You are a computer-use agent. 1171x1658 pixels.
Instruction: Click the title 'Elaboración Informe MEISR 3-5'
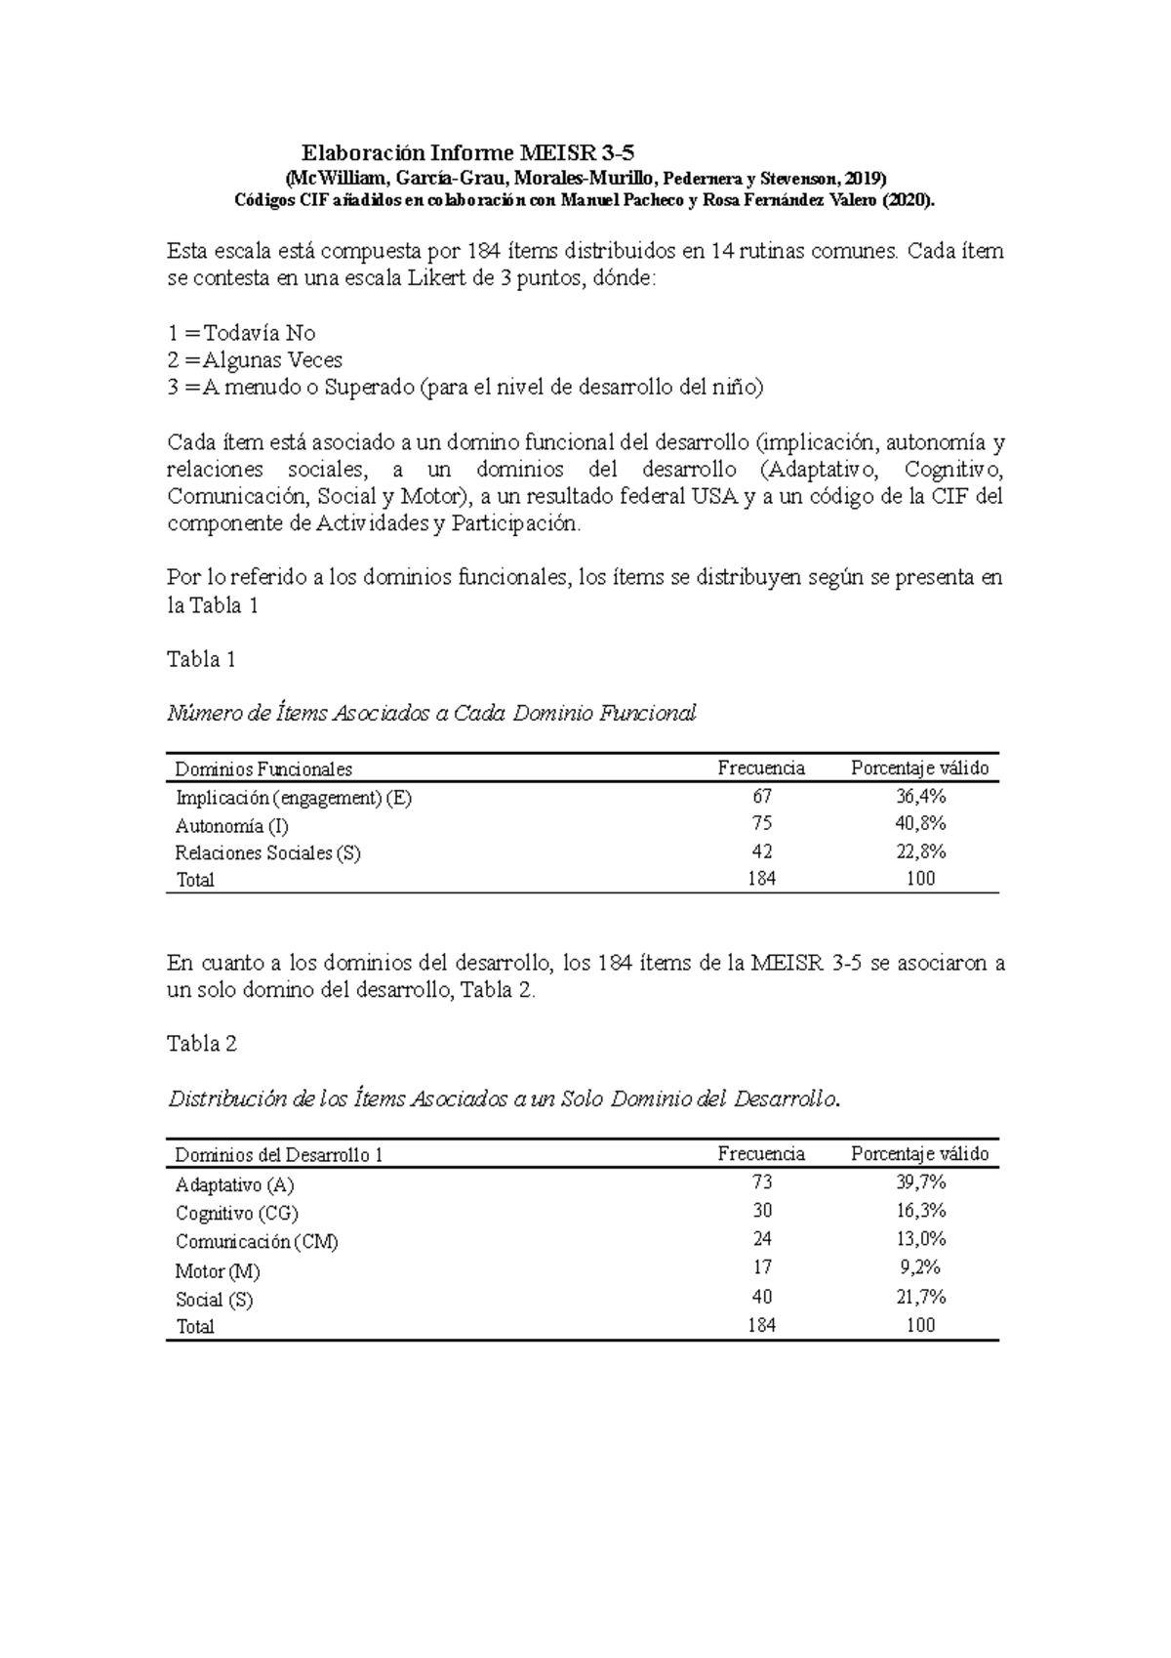pyautogui.click(x=467, y=152)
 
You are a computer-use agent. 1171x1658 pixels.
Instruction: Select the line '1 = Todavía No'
pyautogui.click(x=242, y=333)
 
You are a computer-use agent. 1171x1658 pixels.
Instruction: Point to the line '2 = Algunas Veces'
pyautogui.click(x=255, y=360)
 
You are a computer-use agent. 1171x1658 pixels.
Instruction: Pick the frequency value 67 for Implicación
pyautogui.click(x=761, y=797)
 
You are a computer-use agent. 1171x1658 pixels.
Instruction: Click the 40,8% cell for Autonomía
pyautogui.click(x=920, y=824)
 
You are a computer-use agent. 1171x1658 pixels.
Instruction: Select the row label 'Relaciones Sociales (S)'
pyautogui.click(x=267, y=852)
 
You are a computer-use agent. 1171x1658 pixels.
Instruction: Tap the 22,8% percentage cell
pyautogui.click(x=920, y=851)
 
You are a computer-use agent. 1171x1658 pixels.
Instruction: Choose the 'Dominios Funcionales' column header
pyautogui.click(x=263, y=769)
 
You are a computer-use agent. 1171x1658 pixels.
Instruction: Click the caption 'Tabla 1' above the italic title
pyautogui.click(x=202, y=660)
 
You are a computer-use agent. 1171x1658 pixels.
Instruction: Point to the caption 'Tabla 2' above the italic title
pyautogui.click(x=202, y=1044)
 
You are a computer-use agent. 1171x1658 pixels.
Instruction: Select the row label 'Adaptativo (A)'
pyautogui.click(x=234, y=1185)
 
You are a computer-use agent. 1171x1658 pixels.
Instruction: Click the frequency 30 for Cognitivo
pyautogui.click(x=761, y=1211)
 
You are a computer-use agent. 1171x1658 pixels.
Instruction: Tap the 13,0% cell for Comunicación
pyautogui.click(x=920, y=1239)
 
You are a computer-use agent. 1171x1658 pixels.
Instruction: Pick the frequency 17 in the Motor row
pyautogui.click(x=761, y=1267)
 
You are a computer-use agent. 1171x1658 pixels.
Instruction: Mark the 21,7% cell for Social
pyautogui.click(x=920, y=1297)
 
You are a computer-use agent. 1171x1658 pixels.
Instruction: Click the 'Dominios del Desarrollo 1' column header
pyautogui.click(x=278, y=1155)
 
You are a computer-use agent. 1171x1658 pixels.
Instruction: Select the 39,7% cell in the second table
pyautogui.click(x=920, y=1182)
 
